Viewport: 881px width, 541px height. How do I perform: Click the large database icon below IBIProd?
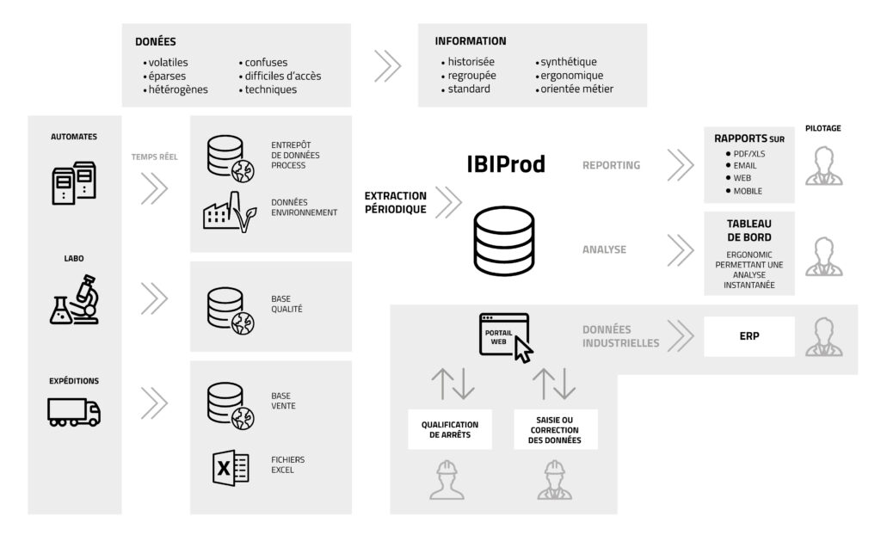pyautogui.click(x=504, y=244)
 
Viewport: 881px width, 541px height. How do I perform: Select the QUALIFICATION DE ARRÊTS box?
pyautogui.click(x=450, y=430)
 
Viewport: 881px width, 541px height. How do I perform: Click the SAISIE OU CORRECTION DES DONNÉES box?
pyautogui.click(x=556, y=429)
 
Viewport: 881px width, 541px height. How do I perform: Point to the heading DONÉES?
pyautogui.click(x=156, y=41)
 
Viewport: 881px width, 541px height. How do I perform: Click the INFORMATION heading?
pyautogui.click(x=471, y=41)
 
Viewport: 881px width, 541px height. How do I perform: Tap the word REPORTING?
pyautogui.click(x=612, y=165)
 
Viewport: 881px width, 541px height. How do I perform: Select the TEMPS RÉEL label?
pyautogui.click(x=154, y=157)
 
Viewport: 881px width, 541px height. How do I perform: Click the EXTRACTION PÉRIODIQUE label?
pyautogui.click(x=395, y=202)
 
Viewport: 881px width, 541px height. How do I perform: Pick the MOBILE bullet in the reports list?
pyautogui.click(x=748, y=190)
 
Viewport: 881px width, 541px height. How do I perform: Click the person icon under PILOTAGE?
pyautogui.click(x=823, y=166)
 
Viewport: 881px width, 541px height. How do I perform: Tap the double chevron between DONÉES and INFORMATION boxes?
pyautogui.click(x=388, y=65)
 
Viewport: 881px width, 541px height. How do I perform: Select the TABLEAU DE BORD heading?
pyautogui.click(x=749, y=231)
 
